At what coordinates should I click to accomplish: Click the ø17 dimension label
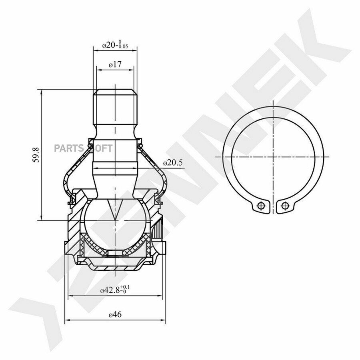coord(115,64)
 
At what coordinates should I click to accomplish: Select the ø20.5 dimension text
coord(173,163)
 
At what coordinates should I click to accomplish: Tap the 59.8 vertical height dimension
coord(36,155)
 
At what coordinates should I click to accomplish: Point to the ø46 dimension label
coord(115,314)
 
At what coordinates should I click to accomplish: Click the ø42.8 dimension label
coord(115,290)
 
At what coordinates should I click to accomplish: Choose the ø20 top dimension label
coord(115,44)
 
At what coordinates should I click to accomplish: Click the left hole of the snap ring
coord(260,205)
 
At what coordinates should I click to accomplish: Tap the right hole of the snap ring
coord(284,205)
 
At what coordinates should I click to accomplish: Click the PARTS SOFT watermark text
coord(83,148)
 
